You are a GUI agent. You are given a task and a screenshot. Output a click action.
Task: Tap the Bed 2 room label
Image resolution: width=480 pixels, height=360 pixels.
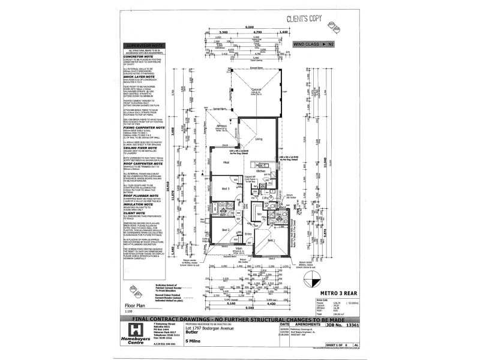[x=226, y=230]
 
